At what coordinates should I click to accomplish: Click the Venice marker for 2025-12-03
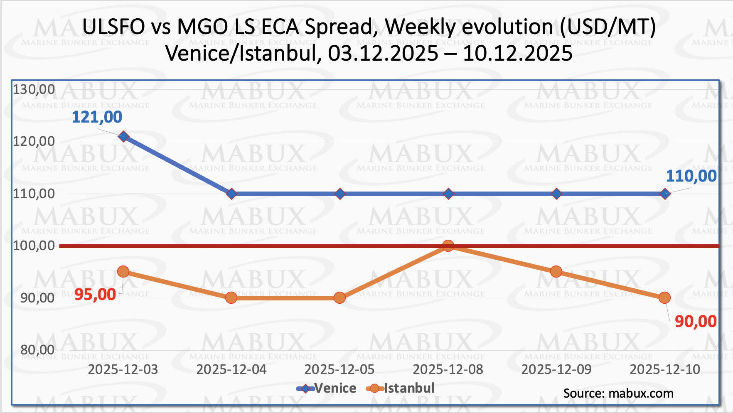123,136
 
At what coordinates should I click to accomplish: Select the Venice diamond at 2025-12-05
340,194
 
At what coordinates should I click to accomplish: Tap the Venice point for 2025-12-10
665,194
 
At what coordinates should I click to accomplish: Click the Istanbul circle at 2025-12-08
448,246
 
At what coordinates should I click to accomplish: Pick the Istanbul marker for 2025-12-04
231,297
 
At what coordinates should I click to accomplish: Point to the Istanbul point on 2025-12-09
556,272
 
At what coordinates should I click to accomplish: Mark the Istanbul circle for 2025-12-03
123,272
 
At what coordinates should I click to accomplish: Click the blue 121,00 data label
97,117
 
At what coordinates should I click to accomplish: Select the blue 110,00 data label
691,176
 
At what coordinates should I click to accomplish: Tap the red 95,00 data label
95,295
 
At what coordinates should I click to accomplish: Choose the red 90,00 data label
696,322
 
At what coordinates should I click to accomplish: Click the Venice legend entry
327,388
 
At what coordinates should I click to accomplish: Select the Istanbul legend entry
401,388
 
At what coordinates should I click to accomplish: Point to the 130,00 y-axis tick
34,89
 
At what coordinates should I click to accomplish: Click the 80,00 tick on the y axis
37,350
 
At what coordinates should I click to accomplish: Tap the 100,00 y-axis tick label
34,246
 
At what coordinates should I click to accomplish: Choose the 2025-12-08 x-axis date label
448,369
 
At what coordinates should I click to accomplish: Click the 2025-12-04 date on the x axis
231,369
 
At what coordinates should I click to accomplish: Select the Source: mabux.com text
618,393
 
